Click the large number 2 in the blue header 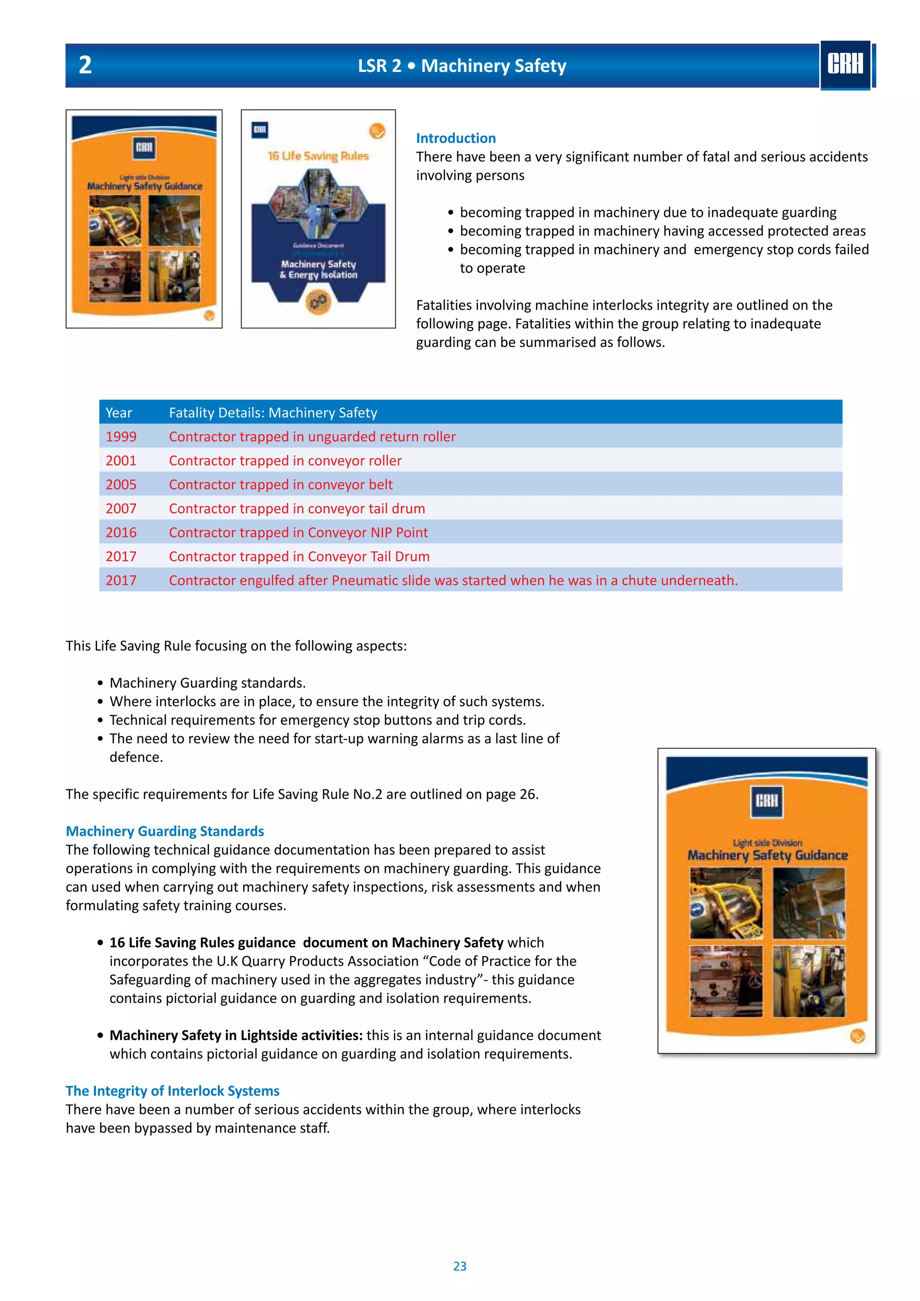[85, 65]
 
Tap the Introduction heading [456, 138]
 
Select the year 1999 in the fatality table [121, 436]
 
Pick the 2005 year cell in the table [121, 484]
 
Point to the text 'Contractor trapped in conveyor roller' [285, 460]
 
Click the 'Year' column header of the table [119, 412]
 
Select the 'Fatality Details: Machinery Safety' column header [273, 412]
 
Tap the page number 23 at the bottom [460, 1266]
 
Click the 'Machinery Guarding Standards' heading [164, 831]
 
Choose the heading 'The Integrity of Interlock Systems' [172, 1090]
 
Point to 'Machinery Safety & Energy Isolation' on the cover [318, 269]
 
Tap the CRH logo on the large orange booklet [766, 801]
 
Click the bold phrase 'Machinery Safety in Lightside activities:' [236, 1035]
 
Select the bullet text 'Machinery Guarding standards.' [208, 682]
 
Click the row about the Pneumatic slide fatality [453, 580]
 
